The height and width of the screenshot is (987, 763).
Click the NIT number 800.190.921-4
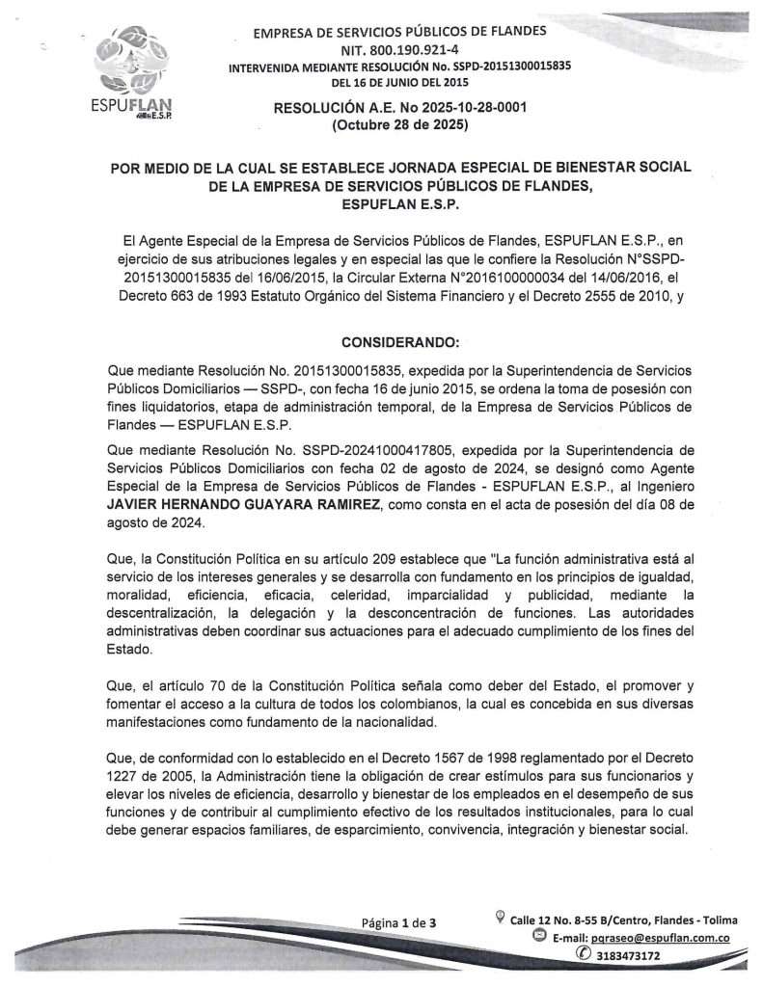397,50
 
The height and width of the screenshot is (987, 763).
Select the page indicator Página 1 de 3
399,922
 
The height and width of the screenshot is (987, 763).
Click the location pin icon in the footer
499,916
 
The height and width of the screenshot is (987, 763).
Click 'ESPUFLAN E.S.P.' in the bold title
399,204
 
